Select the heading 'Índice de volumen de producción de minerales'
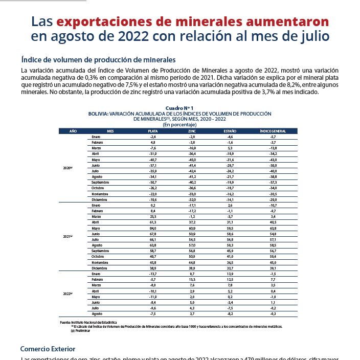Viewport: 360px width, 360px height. pyautogui.click(x=98, y=59)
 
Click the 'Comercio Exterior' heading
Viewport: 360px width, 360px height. pyautogui.click(x=48, y=349)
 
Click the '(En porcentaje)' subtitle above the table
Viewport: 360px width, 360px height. pyautogui.click(x=179, y=124)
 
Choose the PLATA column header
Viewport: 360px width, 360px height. pyautogui.click(x=152, y=131)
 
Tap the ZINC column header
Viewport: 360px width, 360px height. pyautogui.click(x=192, y=131)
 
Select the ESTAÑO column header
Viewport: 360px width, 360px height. pyautogui.click(x=230, y=131)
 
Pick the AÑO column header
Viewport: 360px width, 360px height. pyautogui.click(x=73, y=131)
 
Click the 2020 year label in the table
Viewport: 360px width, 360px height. pyautogui.click(x=67, y=168)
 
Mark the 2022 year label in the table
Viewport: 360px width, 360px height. pyautogui.click(x=67, y=294)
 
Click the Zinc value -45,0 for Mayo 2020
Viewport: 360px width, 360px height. pyautogui.click(x=192, y=160)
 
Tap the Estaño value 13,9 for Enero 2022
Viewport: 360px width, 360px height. pyautogui.click(x=230, y=274)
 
